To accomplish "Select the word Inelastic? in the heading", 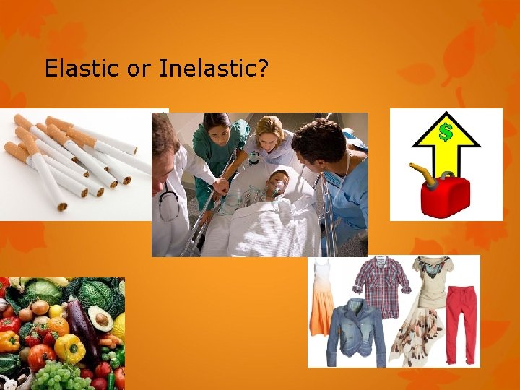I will (214, 69).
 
